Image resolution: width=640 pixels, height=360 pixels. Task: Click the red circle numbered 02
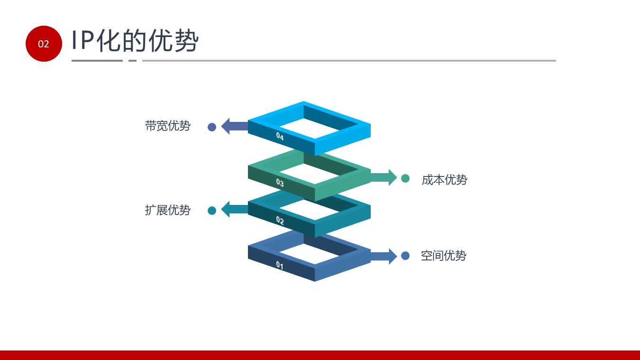click(x=44, y=44)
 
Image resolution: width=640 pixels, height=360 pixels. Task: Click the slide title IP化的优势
click(x=135, y=41)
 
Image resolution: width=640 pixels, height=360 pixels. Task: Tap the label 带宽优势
click(x=168, y=126)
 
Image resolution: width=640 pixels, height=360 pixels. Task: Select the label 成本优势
click(x=444, y=180)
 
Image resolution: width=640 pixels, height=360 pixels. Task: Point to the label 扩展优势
click(x=168, y=210)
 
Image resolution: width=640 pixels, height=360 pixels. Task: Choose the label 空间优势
click(x=443, y=256)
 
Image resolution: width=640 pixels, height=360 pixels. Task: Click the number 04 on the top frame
click(x=280, y=137)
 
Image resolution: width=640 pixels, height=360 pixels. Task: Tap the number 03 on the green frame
click(x=280, y=183)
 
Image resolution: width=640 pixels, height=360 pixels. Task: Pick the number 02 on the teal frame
click(x=280, y=221)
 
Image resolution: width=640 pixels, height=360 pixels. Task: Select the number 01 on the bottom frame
click(x=280, y=265)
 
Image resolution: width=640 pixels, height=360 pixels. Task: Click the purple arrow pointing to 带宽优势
click(x=235, y=126)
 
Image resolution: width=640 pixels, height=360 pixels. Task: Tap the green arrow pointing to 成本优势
click(x=384, y=177)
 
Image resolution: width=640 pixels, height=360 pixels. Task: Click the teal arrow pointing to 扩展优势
click(x=235, y=209)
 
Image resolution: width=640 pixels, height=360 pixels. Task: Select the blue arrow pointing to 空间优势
click(x=384, y=256)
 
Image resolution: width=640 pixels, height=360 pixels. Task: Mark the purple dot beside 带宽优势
click(x=212, y=127)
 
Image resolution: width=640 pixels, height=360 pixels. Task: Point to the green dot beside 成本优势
click(x=405, y=178)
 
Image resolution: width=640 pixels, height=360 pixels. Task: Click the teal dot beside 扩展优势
click(x=212, y=211)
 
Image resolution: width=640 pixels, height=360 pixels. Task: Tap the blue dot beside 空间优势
click(x=405, y=256)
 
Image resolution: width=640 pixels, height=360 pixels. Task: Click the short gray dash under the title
click(x=132, y=61)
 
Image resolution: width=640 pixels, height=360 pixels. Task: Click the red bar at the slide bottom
click(x=320, y=355)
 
